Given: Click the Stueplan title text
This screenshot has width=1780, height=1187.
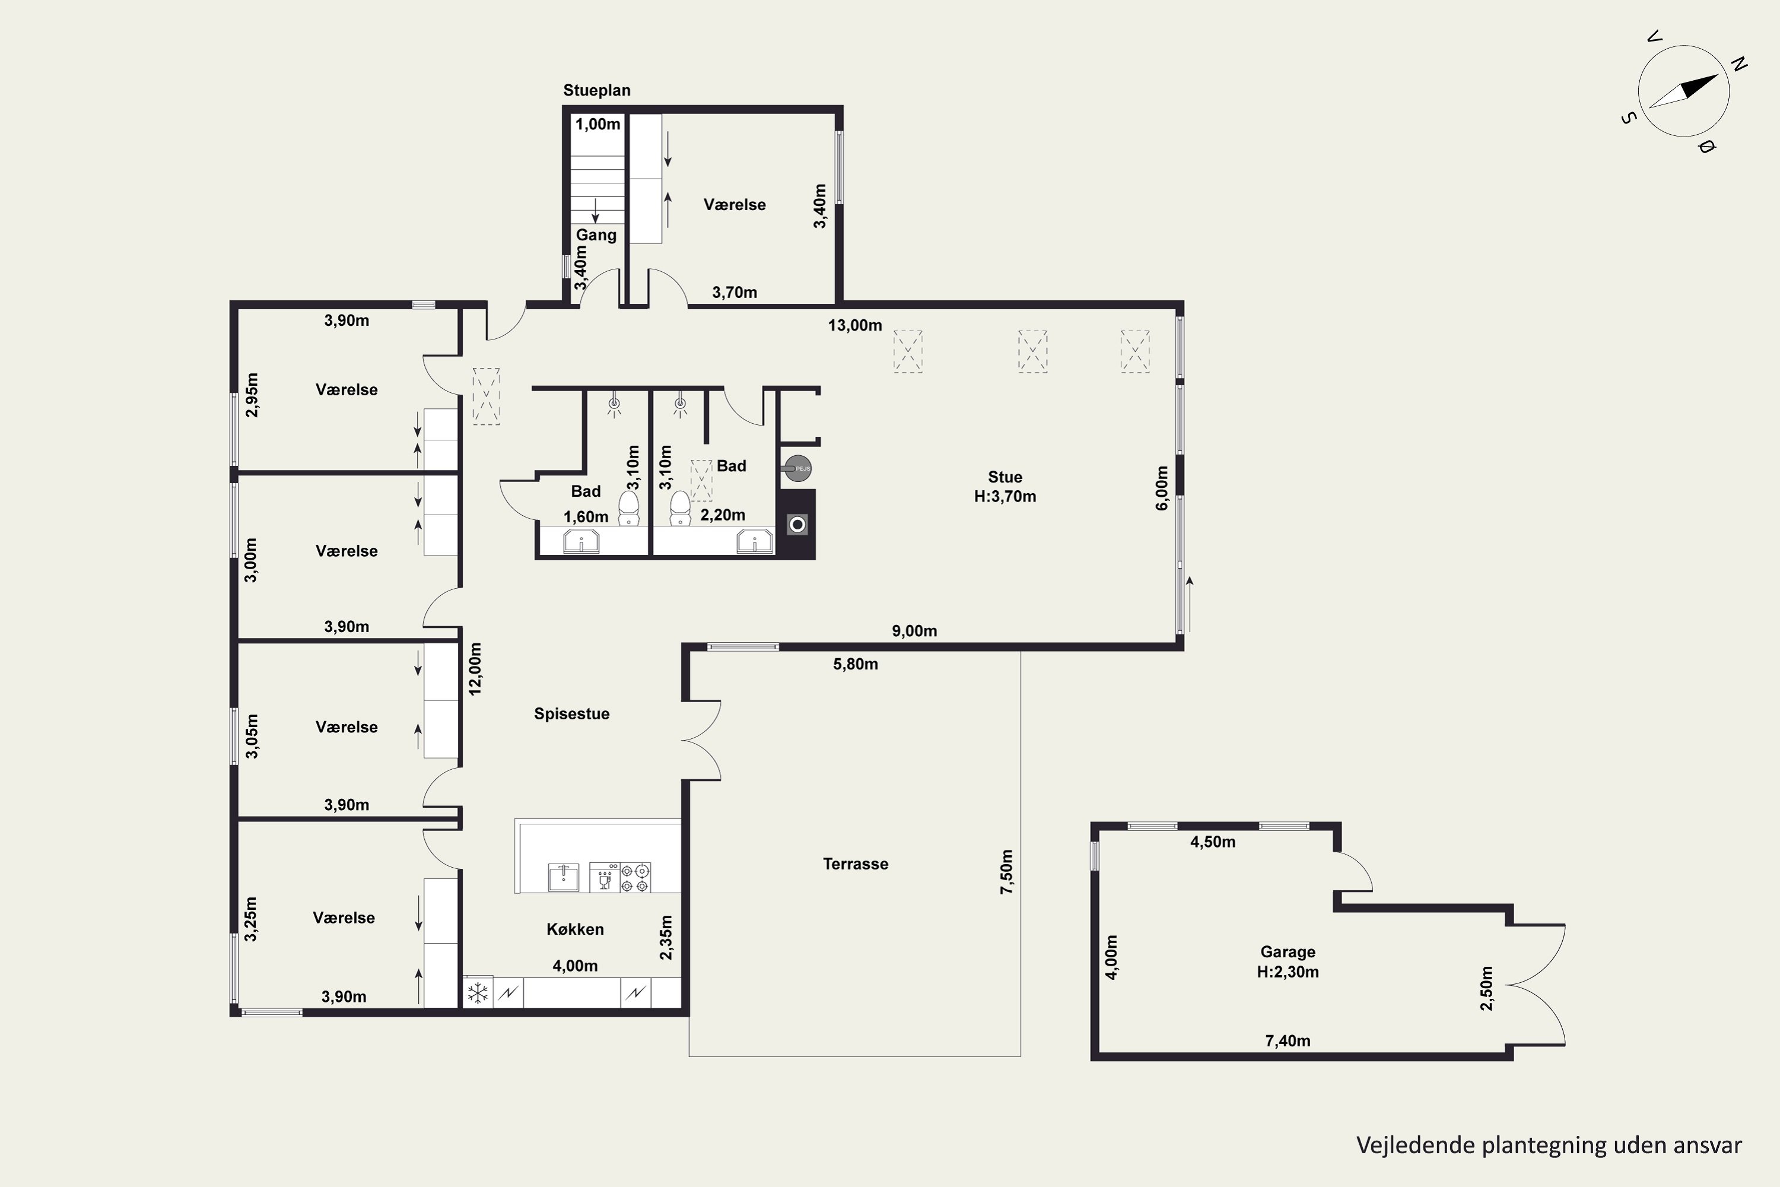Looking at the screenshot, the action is (x=596, y=91).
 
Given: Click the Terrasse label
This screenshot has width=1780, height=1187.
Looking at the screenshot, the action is (x=855, y=864).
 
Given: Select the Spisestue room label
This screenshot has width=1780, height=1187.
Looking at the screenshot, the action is (x=571, y=714).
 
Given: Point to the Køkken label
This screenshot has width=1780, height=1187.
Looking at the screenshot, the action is (x=575, y=929).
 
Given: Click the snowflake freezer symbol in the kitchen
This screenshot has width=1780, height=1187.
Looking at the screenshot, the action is (x=478, y=992).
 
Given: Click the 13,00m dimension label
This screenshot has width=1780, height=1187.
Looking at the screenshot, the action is (x=854, y=325).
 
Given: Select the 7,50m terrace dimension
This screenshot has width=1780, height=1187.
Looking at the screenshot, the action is (x=1006, y=872).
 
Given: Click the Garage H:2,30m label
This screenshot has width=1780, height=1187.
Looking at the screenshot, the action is (x=1288, y=962).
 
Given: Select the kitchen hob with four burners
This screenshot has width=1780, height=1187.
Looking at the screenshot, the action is (x=635, y=877).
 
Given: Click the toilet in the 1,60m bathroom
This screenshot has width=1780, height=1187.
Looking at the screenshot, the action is (x=629, y=508).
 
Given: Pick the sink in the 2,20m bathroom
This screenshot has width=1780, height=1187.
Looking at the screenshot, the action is (x=755, y=542).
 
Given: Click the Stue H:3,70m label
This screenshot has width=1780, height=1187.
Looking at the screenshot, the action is (x=1005, y=487).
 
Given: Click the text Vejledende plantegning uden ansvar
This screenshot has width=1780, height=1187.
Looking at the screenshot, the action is (x=1549, y=1145).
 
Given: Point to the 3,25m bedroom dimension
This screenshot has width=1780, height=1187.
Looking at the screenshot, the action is (x=251, y=919).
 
